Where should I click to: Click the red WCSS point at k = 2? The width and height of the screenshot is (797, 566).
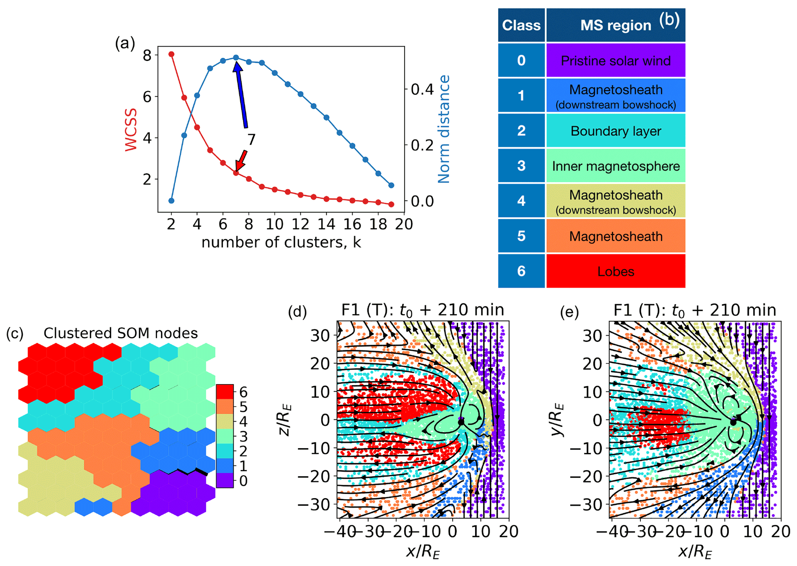172,54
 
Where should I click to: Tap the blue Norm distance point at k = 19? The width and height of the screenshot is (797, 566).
391,185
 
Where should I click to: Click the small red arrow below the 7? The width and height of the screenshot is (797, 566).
241,160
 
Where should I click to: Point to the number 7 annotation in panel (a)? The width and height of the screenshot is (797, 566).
251,139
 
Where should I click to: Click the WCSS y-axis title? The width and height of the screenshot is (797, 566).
131,130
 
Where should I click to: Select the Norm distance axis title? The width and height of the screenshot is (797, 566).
444,129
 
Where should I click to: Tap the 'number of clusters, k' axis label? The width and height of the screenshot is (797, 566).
281,242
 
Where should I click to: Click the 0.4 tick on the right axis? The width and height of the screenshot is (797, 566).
423,89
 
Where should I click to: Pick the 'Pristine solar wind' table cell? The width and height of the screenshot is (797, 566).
615,60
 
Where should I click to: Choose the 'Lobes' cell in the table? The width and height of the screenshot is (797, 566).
615,271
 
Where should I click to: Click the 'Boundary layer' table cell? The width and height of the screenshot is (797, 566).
615,131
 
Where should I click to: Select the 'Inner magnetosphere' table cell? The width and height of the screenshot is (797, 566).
615,166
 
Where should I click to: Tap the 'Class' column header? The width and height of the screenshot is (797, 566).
521,25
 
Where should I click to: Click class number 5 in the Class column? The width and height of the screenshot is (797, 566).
521,236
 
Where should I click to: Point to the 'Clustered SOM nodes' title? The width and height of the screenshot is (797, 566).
120,333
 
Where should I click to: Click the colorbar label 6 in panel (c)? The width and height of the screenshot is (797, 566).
243,392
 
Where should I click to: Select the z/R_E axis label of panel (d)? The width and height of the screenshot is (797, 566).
285,420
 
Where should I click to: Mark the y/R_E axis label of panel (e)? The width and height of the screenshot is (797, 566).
558,420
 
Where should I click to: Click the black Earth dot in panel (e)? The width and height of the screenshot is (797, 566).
733,422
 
